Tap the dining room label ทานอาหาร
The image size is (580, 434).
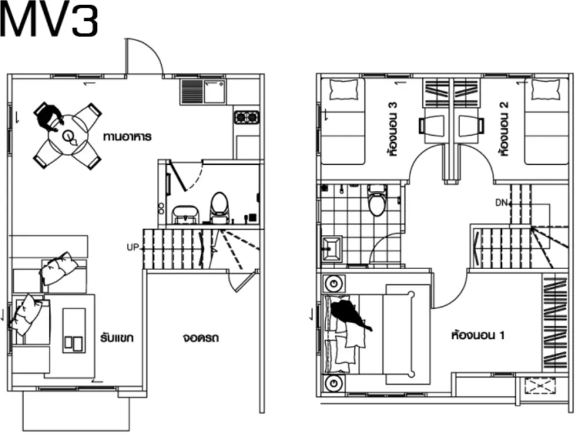coord(127,136)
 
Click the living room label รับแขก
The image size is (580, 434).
coord(117,338)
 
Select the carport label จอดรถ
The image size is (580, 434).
coord(201,338)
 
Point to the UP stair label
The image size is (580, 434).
coord(132,248)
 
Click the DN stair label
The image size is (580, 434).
coord(501,202)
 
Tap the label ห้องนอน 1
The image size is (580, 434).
coord(477,335)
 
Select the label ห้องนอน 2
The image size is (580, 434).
coord(503,129)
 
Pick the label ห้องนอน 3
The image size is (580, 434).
coord(394,129)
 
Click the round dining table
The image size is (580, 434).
coord(68,136)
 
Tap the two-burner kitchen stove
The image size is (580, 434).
coord(246,118)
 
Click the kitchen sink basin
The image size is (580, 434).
coord(215,92)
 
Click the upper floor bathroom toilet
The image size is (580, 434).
coord(378,200)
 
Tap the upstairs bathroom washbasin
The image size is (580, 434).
coord(332,248)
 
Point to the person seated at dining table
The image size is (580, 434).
coord(49,117)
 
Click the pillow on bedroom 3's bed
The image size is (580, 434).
coord(343,89)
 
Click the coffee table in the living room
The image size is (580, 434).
coord(74,330)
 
